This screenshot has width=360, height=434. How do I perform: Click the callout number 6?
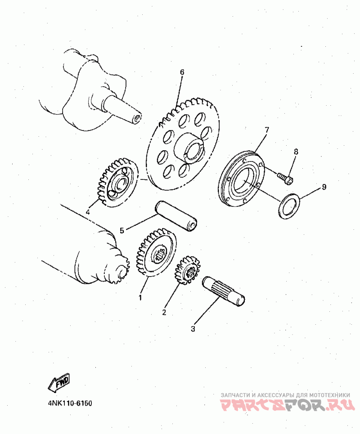(182, 72)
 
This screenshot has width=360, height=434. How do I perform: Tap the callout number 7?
(266, 130)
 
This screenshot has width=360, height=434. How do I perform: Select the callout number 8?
(296, 152)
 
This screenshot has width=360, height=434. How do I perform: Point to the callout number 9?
(324, 187)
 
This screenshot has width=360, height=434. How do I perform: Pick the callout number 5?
(122, 231)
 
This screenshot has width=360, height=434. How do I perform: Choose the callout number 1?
(140, 297)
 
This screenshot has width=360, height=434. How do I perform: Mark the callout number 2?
(164, 311)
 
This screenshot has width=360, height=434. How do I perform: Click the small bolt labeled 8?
(285, 178)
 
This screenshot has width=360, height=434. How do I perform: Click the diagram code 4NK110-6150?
(69, 403)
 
